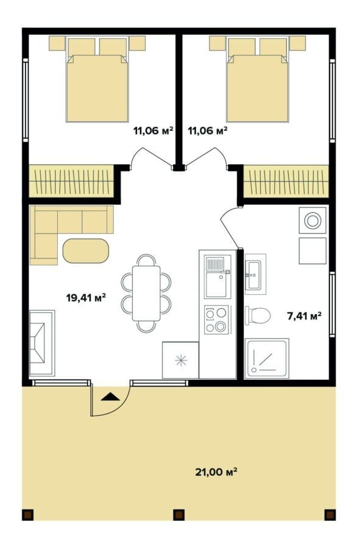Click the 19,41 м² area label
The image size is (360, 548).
tap(86, 298)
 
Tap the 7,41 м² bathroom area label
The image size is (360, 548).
tap(305, 316)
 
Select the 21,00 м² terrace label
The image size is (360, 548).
tap(216, 472)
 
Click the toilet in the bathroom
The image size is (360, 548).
tap(258, 315)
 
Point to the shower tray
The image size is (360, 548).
tap(267, 358)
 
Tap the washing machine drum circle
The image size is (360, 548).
tap(312, 220)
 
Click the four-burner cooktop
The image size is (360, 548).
tap(217, 320)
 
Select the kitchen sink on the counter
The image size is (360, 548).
tap(218, 276)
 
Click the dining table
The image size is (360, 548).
tap(146, 293)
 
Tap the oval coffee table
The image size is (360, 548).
tap(86, 251)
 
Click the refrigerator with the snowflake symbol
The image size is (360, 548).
tap(181, 360)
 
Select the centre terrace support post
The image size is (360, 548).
tap(179, 515)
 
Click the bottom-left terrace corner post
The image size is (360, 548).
tap(27, 515)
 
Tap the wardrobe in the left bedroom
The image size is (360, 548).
tap(71, 181)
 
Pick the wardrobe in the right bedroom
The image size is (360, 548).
tap(286, 181)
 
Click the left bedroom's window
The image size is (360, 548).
tap(26, 100)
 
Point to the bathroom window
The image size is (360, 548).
tap(332, 304)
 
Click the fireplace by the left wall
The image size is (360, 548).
tap(41, 343)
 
